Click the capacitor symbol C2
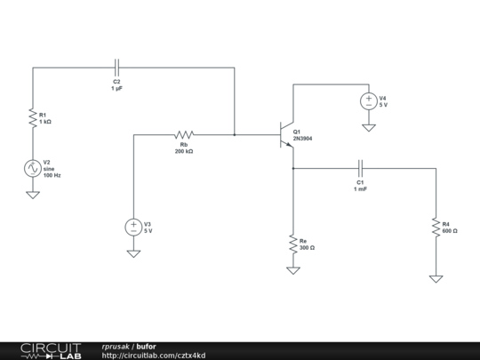(x=116, y=67)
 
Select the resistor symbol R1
(x=32, y=116)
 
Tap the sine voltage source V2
(x=32, y=167)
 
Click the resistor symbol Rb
(x=184, y=135)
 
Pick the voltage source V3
(x=133, y=227)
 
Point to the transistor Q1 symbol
(x=286, y=135)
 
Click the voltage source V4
(x=367, y=100)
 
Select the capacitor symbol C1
(x=360, y=167)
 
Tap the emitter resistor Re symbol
(x=292, y=242)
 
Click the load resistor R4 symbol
(x=436, y=227)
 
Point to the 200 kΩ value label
(x=185, y=151)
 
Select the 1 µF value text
(x=116, y=88)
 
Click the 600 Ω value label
(x=451, y=231)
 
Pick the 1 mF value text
(x=360, y=188)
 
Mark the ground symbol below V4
(x=367, y=127)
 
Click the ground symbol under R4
(x=436, y=278)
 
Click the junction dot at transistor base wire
(x=235, y=135)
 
